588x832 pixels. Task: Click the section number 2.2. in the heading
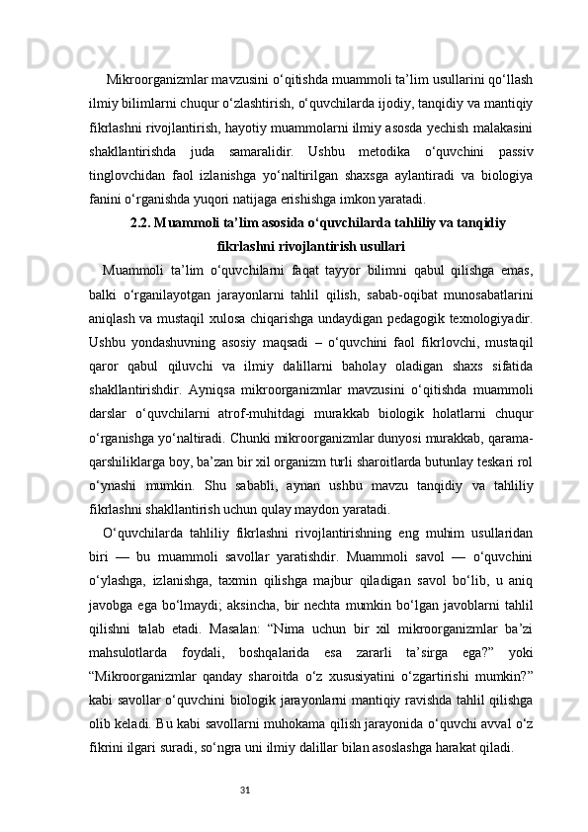[x=143, y=223]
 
